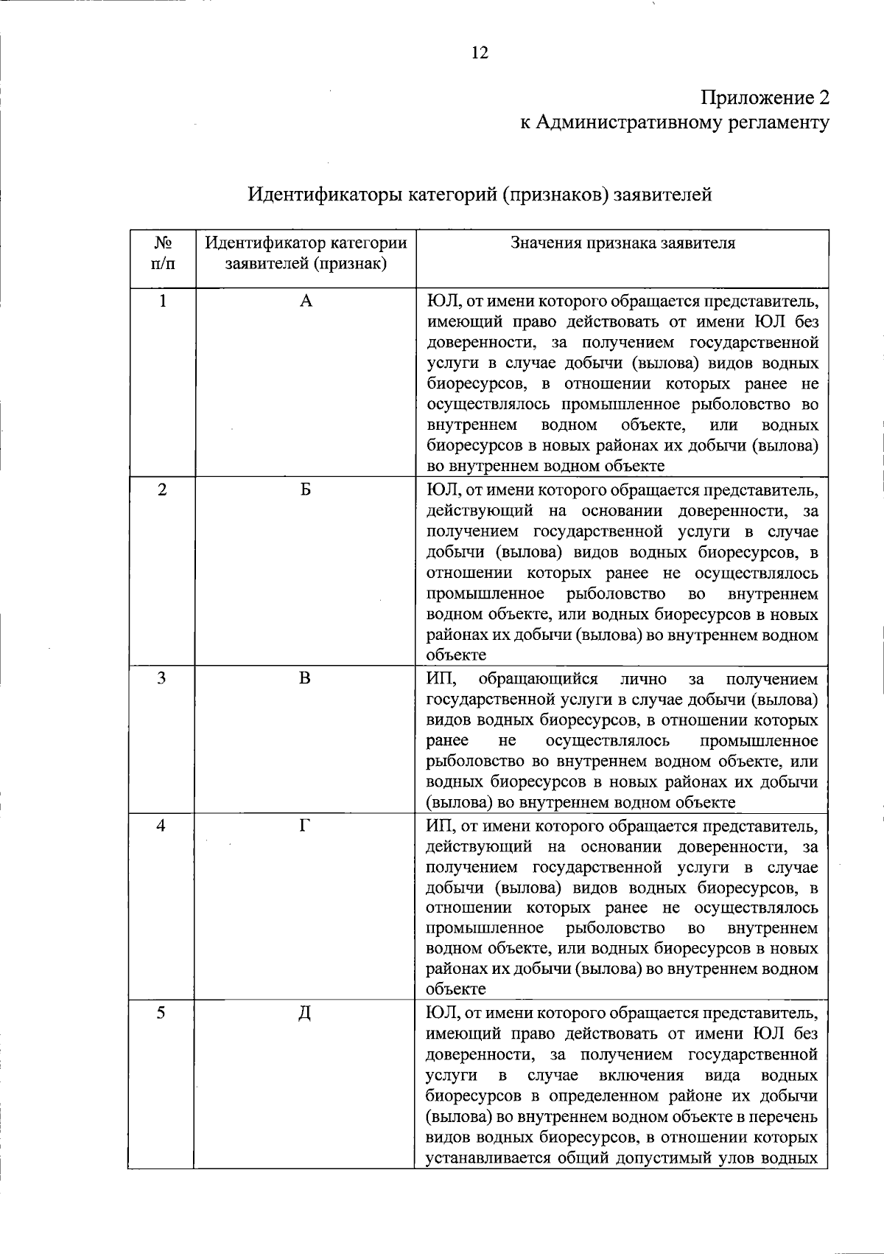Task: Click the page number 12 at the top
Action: [x=479, y=53]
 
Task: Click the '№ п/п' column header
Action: [x=162, y=253]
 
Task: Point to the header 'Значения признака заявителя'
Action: [x=622, y=243]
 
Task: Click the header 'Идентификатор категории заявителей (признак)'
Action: [x=306, y=253]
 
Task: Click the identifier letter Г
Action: [x=306, y=826]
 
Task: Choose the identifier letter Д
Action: [x=305, y=1014]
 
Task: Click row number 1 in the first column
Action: [x=162, y=301]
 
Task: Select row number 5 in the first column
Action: [x=162, y=1014]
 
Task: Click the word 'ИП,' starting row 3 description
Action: [x=442, y=679]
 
